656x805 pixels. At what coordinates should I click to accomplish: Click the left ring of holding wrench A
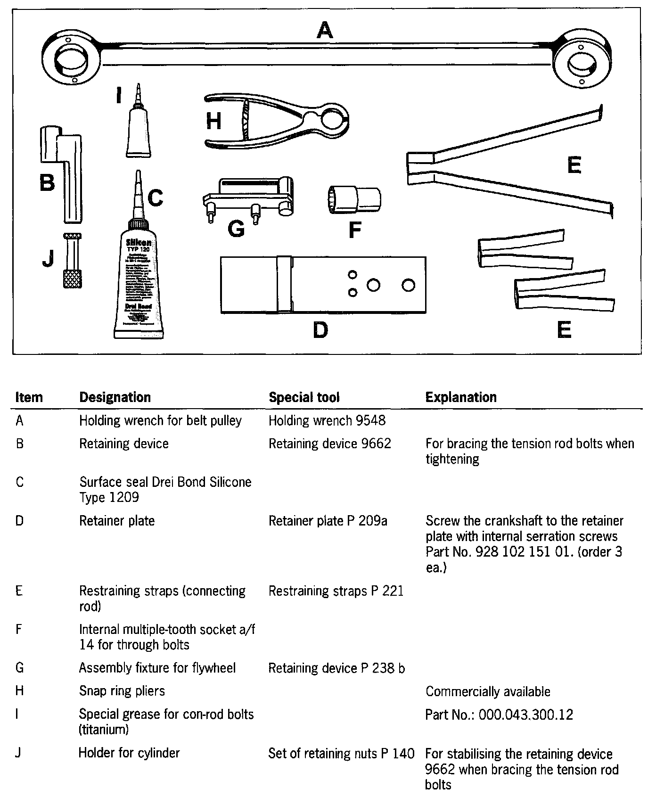[71, 60]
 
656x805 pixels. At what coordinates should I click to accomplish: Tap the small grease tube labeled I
[139, 127]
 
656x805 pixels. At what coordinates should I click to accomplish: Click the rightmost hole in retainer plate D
[408, 285]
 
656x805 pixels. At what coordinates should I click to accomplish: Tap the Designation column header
[115, 397]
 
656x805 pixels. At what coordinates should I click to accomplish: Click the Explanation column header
[461, 397]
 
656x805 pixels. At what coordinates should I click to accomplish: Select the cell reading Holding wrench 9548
[327, 420]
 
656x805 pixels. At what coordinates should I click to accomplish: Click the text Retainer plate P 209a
[328, 521]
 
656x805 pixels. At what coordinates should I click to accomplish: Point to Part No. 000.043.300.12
[499, 715]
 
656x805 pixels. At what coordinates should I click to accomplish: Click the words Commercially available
[488, 691]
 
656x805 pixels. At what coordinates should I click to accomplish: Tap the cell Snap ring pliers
[122, 691]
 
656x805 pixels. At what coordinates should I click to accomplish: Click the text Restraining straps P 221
[336, 591]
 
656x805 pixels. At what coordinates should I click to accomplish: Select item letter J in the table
[18, 753]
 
